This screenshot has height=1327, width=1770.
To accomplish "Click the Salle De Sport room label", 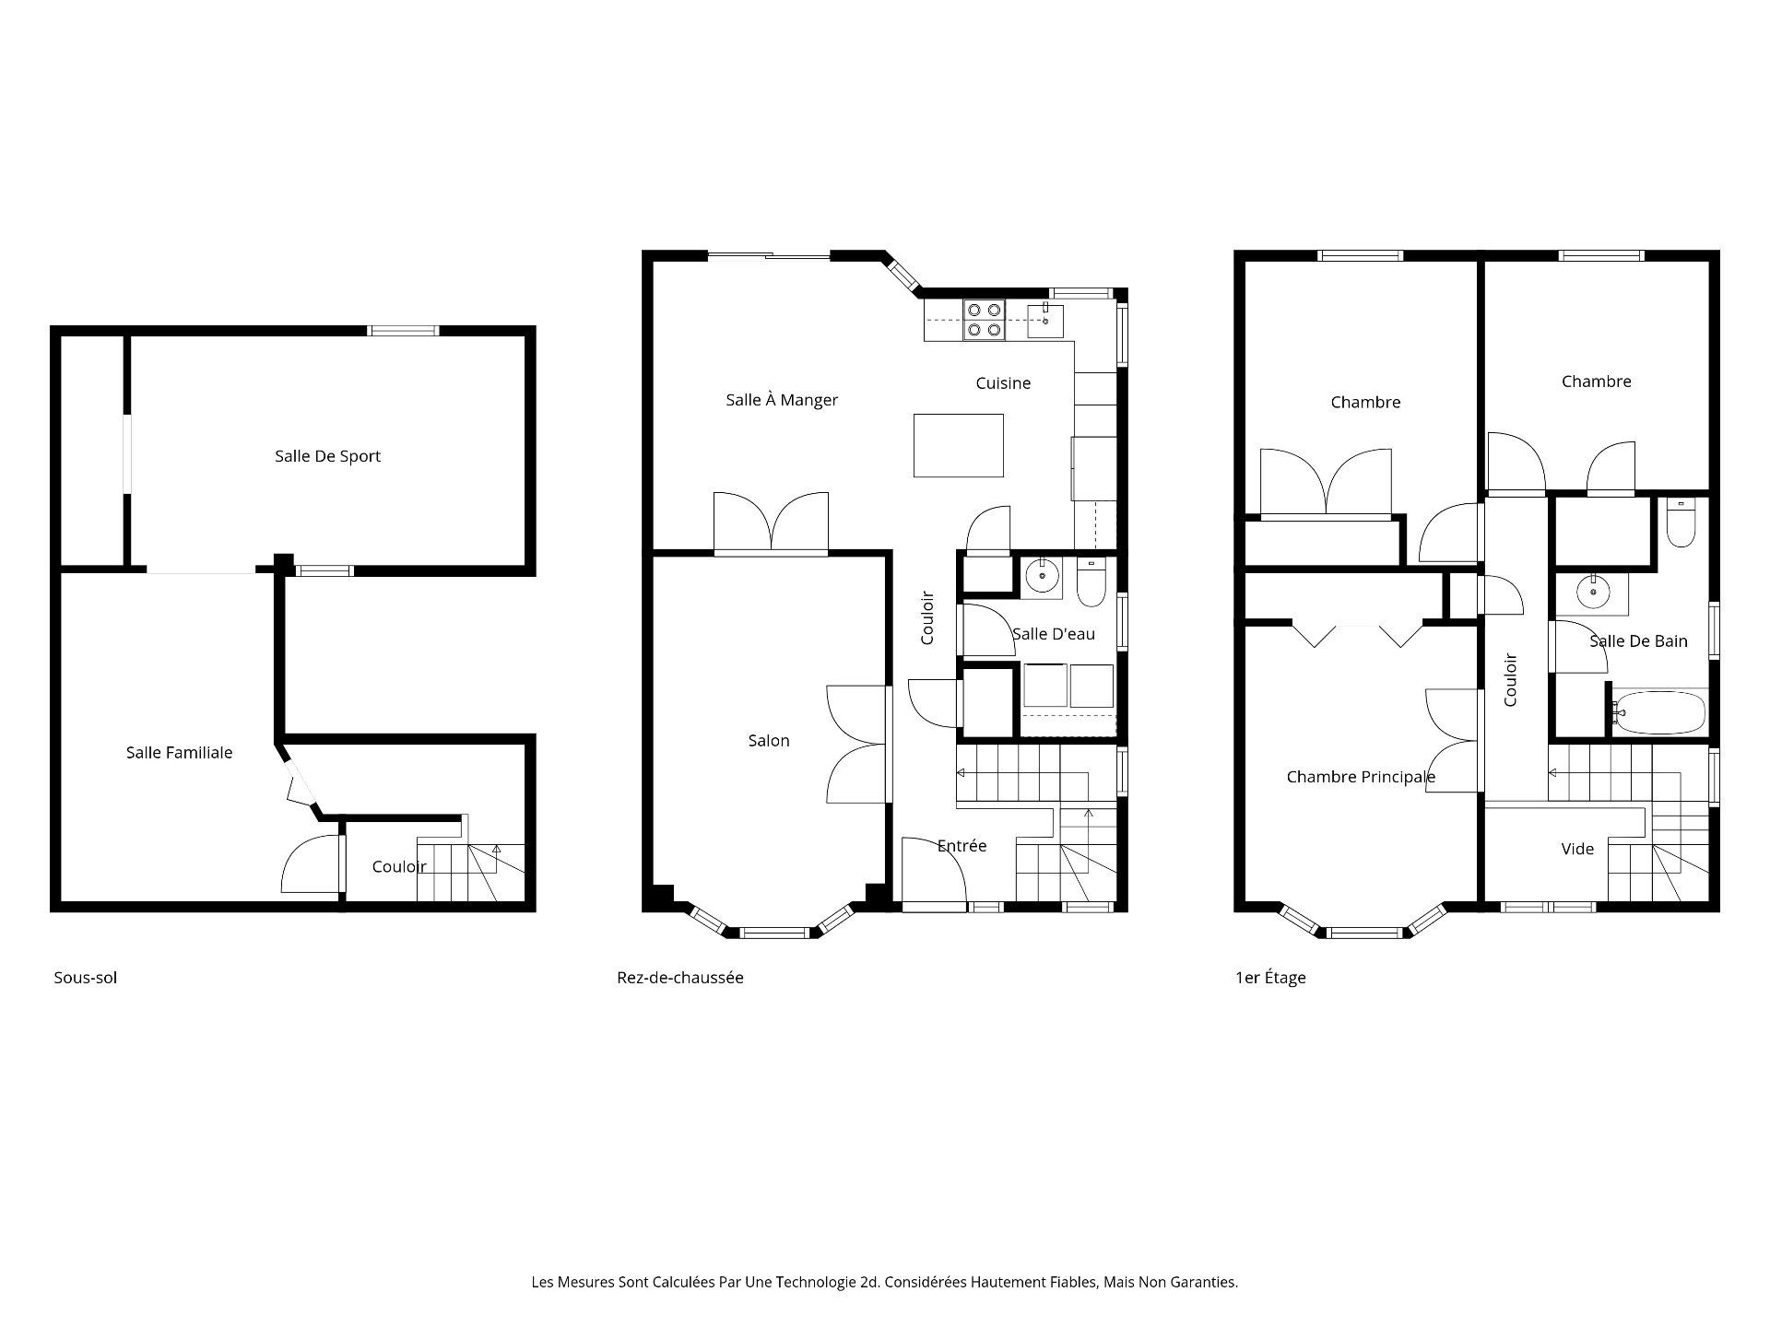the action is coord(327,456).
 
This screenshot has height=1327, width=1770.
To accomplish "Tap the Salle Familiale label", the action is coord(179,753).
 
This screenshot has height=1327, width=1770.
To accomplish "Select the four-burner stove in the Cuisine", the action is coord(984,320).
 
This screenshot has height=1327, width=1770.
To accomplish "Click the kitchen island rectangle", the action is coord(959,445).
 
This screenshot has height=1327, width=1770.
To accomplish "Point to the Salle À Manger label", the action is coord(782,400).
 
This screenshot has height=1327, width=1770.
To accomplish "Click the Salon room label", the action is coord(769,741).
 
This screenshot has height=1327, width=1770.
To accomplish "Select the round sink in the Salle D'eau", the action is coord(1043,577).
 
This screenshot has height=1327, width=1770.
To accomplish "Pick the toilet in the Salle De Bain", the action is coord(1681,523).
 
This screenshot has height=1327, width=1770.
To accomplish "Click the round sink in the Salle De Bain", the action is coord(1592,593).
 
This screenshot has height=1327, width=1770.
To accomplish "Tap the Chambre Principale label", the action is coord(1361,778).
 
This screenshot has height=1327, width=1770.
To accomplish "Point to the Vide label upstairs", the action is coord(1577,849).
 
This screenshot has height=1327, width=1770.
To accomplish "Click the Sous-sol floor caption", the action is coord(86,978).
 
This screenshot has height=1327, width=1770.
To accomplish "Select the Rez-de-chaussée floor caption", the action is coord(680,978).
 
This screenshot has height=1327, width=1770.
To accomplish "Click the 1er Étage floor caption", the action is coord(1270,978).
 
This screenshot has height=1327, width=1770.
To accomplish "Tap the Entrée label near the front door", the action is coord(962,846).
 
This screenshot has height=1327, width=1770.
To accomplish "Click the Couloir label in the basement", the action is coord(399,867).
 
